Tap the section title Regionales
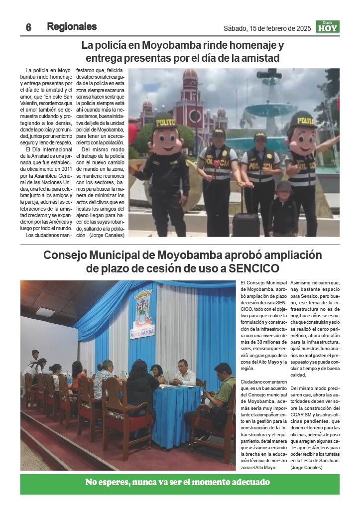pos(72,27)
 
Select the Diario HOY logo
pos(328,27)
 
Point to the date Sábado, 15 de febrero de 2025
pos(267,28)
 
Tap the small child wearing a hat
pos(283,209)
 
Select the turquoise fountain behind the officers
pos(272,111)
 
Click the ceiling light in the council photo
pos(45,311)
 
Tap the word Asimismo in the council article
pos(303,283)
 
